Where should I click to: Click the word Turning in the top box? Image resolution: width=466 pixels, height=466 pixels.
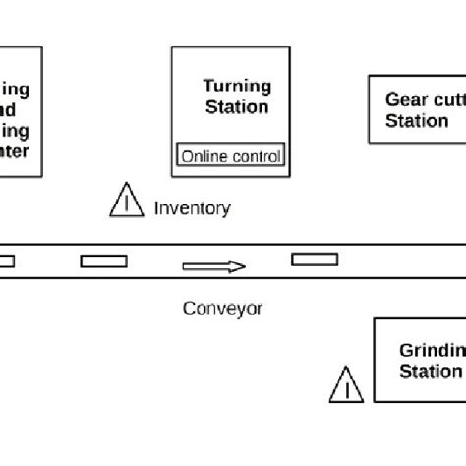pyautogui.click(x=236, y=87)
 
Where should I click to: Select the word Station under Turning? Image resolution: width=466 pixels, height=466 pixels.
pyautogui.click(x=236, y=106)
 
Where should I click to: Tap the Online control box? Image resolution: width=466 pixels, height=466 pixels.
pyautogui.click(x=230, y=156)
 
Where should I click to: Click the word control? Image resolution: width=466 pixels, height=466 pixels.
pyautogui.click(x=253, y=156)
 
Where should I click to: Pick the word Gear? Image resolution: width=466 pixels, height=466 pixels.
pyautogui.click(x=405, y=99)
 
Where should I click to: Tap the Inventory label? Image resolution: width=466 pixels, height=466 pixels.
pyautogui.click(x=193, y=207)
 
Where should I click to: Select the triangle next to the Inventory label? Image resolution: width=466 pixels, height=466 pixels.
pyautogui.click(x=126, y=202)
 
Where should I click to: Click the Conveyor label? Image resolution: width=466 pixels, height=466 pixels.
pyautogui.click(x=223, y=308)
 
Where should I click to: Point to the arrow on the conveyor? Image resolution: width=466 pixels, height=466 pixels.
pyautogui.click(x=213, y=265)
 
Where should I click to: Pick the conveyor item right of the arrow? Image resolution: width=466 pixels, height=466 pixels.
pyautogui.click(x=316, y=260)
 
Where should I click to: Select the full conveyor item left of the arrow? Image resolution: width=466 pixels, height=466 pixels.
pyautogui.click(x=103, y=261)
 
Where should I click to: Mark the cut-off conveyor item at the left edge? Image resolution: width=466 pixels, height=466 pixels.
pyautogui.click(x=7, y=261)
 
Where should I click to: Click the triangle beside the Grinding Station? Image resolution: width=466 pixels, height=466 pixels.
pyautogui.click(x=346, y=386)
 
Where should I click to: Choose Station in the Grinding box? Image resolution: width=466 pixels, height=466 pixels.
pyautogui.click(x=430, y=371)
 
